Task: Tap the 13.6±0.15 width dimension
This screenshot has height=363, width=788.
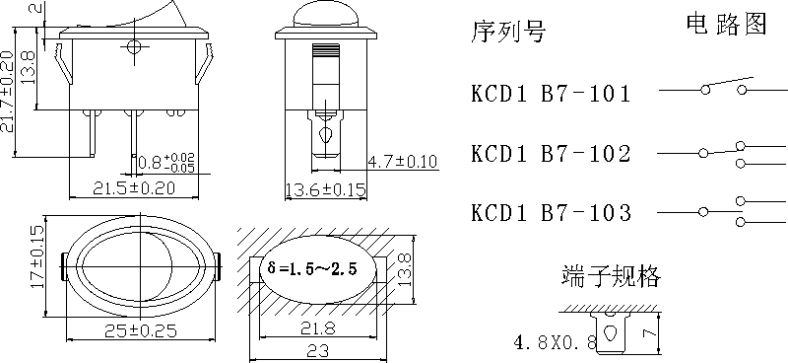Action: (324, 188)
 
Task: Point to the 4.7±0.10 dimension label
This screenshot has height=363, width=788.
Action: (402, 162)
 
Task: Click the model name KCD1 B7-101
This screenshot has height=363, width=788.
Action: (551, 95)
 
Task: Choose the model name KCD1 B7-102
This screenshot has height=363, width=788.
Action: (551, 154)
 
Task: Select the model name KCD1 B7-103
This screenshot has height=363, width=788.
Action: (551, 213)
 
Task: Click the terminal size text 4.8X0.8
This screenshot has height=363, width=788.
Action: (555, 343)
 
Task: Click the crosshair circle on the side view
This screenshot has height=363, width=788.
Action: (134, 47)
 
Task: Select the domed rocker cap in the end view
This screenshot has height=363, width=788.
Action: (324, 17)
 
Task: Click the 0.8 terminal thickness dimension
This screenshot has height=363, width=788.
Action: (165, 162)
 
